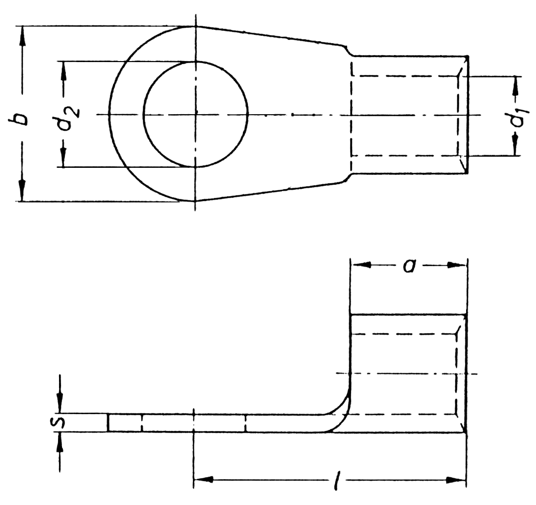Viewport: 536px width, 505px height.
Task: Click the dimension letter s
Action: point(60,423)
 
